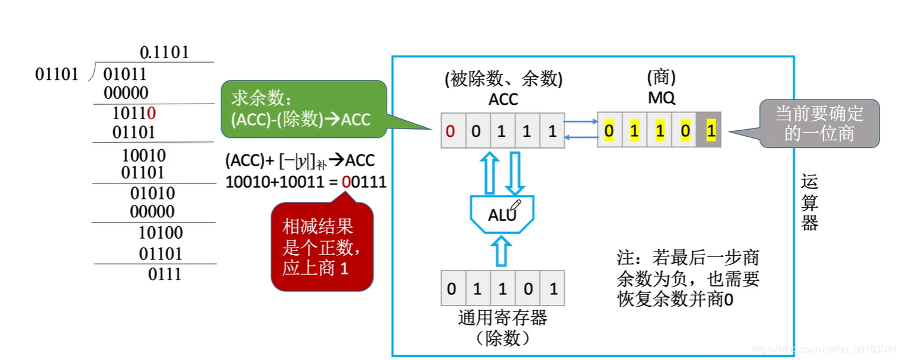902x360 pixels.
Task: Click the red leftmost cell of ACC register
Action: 450,130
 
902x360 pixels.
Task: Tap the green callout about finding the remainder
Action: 302,107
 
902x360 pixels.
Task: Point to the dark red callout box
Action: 322,247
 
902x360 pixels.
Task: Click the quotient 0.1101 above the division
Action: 165,53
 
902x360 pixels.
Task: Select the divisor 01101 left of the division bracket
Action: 57,75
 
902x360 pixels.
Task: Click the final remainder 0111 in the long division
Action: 165,275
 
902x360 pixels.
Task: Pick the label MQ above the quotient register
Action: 661,98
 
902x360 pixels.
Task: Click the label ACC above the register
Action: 503,99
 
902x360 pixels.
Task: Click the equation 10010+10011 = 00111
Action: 306,182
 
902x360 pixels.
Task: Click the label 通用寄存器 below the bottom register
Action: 502,318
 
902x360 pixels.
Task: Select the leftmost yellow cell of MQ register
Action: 609,130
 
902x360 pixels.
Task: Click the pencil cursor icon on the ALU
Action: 515,206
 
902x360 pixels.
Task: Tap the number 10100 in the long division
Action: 161,233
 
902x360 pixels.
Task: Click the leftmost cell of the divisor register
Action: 452,290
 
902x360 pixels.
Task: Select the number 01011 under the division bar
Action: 124,75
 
